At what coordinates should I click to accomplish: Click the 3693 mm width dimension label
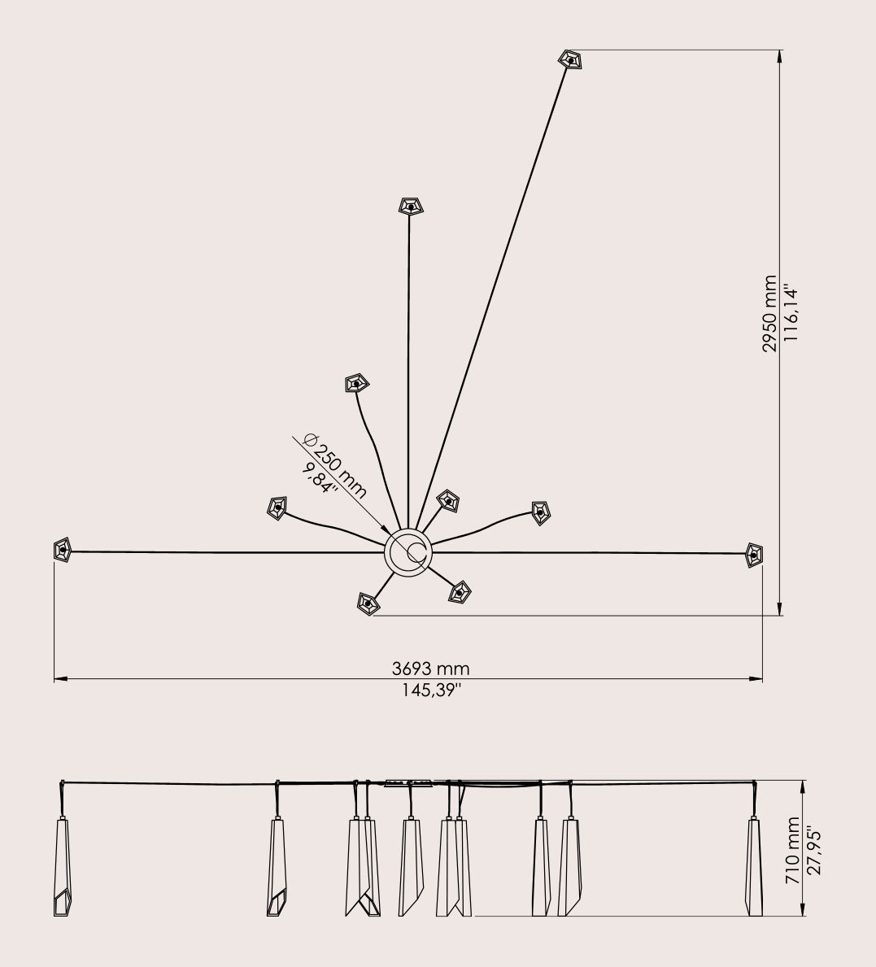point(430,669)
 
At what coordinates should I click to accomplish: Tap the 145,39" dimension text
point(432,690)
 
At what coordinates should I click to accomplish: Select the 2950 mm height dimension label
point(769,314)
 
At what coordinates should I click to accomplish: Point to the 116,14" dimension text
point(791,313)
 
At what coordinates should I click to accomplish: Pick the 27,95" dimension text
point(814,851)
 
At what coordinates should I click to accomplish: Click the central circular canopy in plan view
point(408,552)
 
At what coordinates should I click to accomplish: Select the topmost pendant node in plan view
point(571,60)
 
